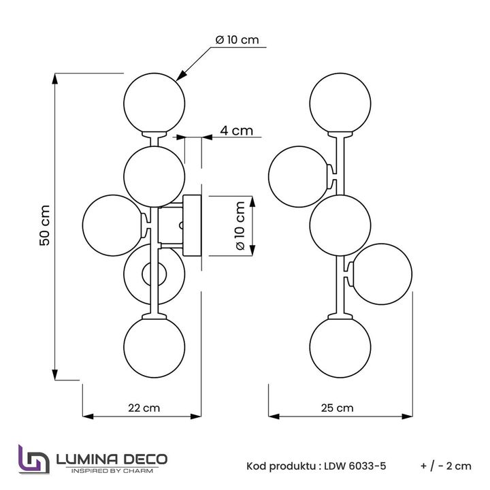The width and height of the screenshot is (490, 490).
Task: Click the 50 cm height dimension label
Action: pyautogui.click(x=44, y=225)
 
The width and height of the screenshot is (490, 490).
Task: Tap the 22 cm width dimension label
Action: pyautogui.click(x=144, y=408)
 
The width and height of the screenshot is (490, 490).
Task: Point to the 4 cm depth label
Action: pyautogui.click(x=236, y=131)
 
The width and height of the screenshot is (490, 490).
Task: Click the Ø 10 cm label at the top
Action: pyautogui.click(x=237, y=40)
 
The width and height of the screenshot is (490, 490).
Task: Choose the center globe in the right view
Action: pyautogui.click(x=340, y=225)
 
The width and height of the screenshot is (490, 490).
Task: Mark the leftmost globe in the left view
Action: pyautogui.click(x=113, y=225)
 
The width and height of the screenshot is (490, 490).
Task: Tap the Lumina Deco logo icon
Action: pyautogui.click(x=33, y=459)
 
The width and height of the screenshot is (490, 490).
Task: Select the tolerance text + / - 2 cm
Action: pyautogui.click(x=446, y=465)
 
